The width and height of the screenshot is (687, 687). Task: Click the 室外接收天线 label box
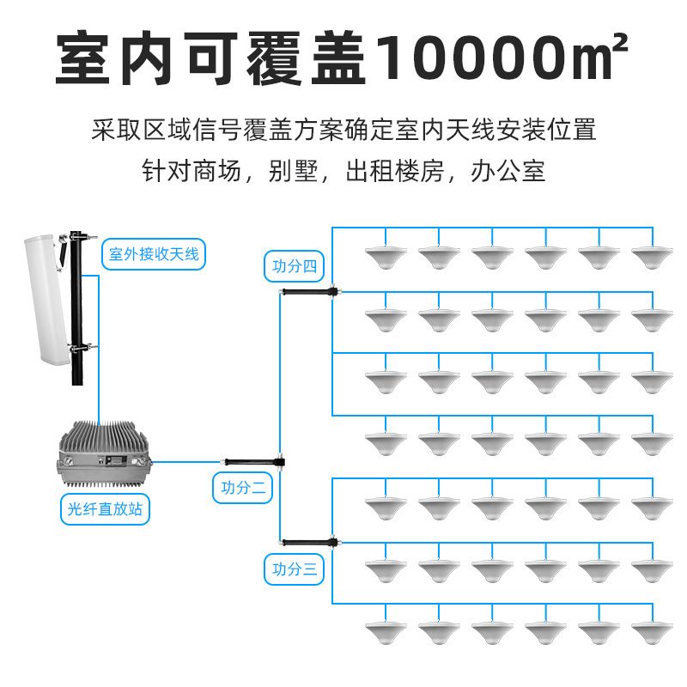click(154, 254)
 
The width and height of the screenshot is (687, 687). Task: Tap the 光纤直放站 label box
click(105, 509)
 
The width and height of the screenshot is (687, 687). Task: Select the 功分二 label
click(243, 488)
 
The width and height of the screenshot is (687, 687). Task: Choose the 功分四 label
click(294, 266)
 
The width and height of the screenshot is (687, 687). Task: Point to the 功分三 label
click(294, 569)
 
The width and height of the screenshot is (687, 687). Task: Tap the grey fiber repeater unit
click(104, 454)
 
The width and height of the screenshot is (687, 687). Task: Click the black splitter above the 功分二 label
click(253, 462)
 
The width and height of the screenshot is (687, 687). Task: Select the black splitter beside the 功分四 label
click(309, 291)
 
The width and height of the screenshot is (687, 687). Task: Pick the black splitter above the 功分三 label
click(309, 543)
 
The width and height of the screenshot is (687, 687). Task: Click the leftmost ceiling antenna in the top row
click(386, 258)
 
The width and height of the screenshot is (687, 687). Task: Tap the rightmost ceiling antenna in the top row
click(653, 258)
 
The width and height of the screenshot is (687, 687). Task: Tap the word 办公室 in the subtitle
click(508, 171)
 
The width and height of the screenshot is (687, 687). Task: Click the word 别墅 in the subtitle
click(293, 171)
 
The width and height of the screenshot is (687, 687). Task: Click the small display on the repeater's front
click(117, 460)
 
